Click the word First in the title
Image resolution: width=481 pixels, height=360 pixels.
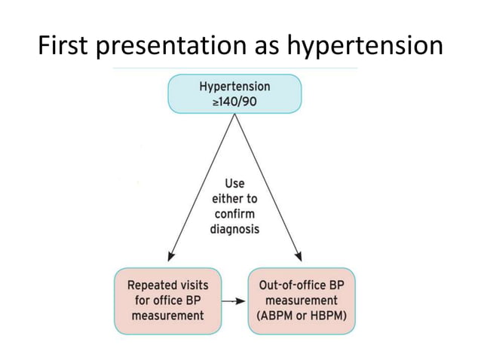point(64,46)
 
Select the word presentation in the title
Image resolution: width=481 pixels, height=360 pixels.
point(167,46)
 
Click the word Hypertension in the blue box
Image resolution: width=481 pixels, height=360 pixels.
point(234,87)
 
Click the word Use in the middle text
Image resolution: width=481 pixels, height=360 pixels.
point(234,184)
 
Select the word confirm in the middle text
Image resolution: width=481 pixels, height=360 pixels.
point(234,214)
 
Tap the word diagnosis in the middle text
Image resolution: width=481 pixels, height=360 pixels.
point(234,229)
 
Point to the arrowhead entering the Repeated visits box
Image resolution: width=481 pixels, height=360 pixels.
point(170,256)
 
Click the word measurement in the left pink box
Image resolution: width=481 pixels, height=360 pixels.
point(167,316)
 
